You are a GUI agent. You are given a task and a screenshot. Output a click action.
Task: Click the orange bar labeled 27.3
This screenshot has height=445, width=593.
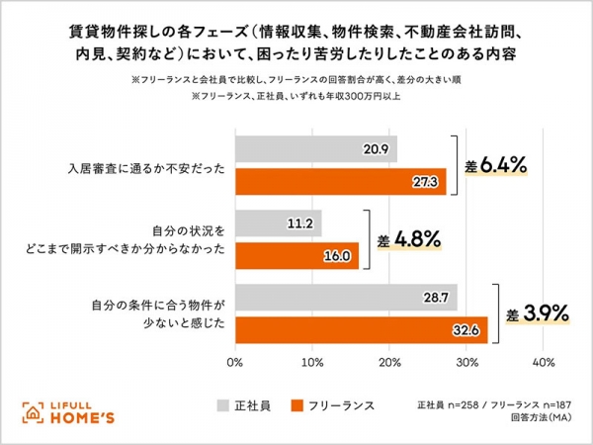[x=340, y=181]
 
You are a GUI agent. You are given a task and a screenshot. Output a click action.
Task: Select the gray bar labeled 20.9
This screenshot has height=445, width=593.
[x=315, y=148]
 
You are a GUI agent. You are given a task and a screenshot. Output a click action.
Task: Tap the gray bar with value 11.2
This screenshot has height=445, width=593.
[x=278, y=222]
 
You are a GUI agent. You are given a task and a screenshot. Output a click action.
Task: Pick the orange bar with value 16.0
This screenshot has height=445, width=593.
[x=296, y=255]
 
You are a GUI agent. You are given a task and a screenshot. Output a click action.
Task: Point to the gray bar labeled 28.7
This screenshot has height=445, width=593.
[x=346, y=297]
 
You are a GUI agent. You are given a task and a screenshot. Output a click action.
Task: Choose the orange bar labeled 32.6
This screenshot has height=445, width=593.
[x=361, y=329]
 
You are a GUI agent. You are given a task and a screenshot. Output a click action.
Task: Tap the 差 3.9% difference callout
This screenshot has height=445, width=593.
[x=538, y=313]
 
